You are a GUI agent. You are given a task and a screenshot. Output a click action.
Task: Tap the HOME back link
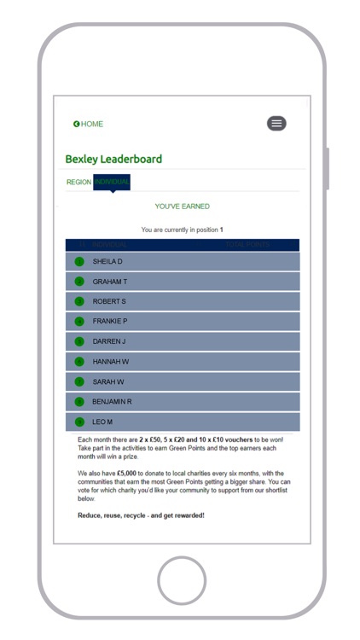pos(88,125)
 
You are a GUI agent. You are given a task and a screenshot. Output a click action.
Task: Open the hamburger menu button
pos(276,124)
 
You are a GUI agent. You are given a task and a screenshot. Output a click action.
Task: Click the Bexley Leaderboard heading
pos(113,160)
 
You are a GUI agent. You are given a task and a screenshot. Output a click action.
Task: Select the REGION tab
pos(78,182)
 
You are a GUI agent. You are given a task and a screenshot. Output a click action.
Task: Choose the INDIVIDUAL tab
pos(112,182)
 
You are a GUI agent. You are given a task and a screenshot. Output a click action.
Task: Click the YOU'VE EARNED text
pos(182,207)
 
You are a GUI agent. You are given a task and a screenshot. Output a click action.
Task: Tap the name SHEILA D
pos(107,261)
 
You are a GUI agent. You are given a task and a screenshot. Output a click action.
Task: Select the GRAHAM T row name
pos(110,282)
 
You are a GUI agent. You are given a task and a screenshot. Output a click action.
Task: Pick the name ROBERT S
pos(109,301)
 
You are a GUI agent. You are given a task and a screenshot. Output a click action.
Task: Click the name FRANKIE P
pos(110,322)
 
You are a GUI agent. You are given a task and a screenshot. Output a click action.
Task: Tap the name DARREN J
pos(109,341)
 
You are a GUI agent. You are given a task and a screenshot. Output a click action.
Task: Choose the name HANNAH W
pos(111,362)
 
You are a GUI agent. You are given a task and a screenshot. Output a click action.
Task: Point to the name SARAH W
pos(108,381)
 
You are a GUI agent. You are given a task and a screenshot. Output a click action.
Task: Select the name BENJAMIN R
pos(112,401)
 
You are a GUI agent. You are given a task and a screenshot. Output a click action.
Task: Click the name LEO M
pos(102,422)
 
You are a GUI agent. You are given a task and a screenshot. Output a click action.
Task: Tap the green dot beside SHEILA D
pos(79,261)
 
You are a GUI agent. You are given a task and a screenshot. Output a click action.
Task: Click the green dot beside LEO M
pos(79,422)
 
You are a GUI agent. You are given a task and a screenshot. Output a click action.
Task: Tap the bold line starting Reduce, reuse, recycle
pos(141,515)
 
